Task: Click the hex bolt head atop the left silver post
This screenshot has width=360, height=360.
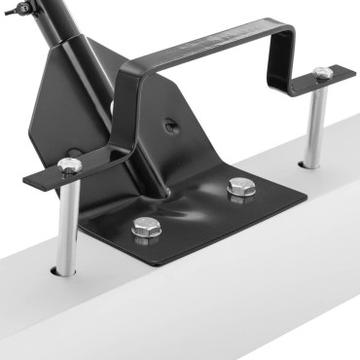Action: pyautogui.click(x=69, y=165)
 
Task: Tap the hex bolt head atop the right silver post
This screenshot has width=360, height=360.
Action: pyautogui.click(x=322, y=73)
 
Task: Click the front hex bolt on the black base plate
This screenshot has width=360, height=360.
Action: pyautogui.click(x=146, y=229)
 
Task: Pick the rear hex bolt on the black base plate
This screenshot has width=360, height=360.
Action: pyautogui.click(x=239, y=186)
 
